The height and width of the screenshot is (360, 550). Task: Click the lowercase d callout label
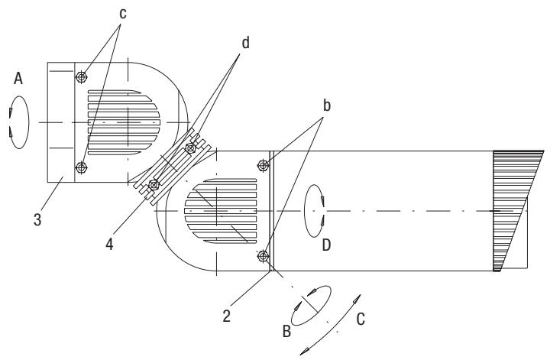[x=246, y=44]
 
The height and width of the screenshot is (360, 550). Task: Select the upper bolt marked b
[x=264, y=165]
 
